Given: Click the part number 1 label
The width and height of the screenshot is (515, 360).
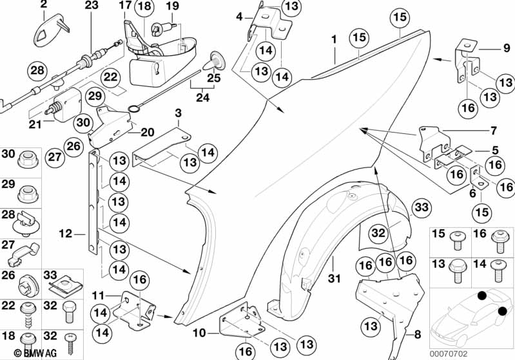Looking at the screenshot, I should click(335, 39).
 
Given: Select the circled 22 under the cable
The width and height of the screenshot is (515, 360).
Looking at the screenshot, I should click(111, 77).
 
